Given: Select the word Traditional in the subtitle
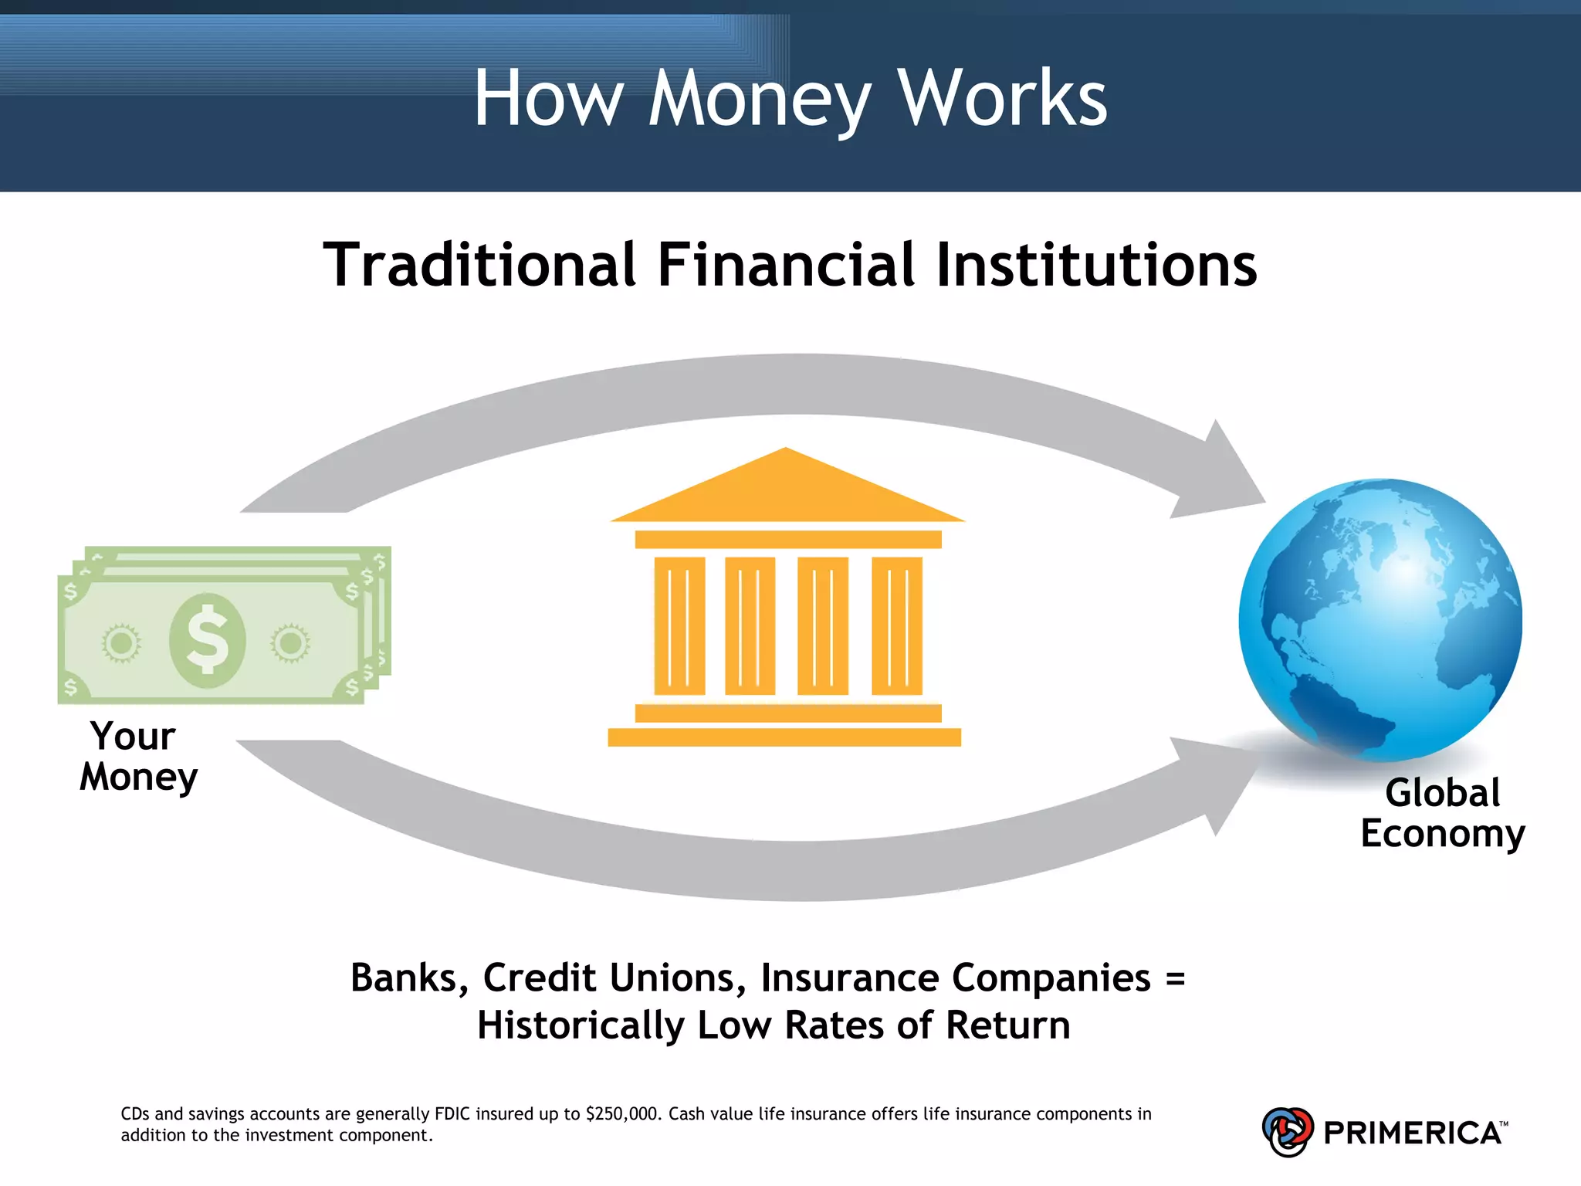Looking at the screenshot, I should [x=479, y=265].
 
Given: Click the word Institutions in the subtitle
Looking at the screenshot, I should [x=1096, y=265].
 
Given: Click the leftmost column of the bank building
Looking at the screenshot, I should [x=679, y=625].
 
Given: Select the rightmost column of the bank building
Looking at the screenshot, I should [x=896, y=625].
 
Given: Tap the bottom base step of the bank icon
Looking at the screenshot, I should [x=784, y=737].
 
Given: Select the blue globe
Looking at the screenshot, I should [x=1380, y=619].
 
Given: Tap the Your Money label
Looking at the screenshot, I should [x=137, y=757].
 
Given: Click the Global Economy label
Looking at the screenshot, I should [x=1442, y=813].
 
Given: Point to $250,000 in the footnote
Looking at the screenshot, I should [x=622, y=1114].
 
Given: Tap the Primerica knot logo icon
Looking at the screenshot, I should [x=1287, y=1132].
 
